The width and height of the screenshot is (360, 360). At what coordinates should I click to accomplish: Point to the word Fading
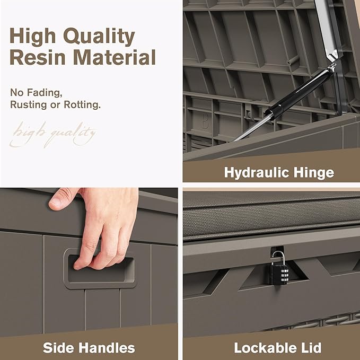45,93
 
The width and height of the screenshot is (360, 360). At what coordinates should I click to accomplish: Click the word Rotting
82,104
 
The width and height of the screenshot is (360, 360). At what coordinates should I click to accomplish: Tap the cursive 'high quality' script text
53,135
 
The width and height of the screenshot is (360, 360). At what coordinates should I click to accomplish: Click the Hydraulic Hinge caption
279,173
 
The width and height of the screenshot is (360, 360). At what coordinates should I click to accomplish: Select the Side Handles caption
89,348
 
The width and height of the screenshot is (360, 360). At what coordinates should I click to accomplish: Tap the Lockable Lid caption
278,348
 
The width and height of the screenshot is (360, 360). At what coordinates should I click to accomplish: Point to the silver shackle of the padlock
279,258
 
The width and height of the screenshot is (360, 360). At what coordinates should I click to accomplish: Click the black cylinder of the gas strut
298,92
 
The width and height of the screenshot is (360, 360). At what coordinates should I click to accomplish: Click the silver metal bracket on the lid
327,30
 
